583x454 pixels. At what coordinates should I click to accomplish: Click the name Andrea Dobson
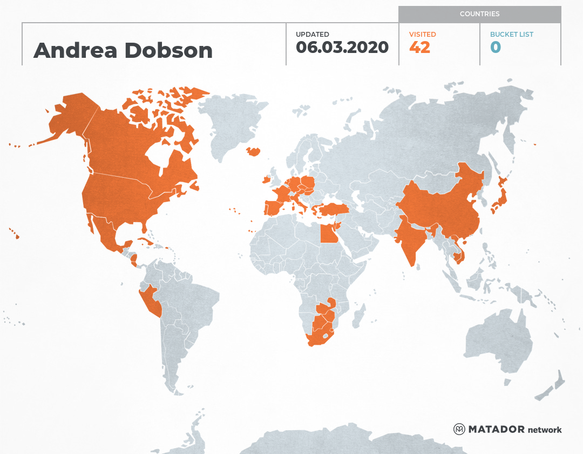tap(123, 51)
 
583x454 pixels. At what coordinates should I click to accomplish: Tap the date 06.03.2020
tap(342, 48)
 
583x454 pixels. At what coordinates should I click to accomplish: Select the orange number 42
tap(420, 48)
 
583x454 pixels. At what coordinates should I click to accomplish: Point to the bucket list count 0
tap(496, 48)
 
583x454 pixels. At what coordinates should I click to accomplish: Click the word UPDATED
tap(312, 35)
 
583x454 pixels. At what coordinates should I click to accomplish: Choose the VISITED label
tap(422, 35)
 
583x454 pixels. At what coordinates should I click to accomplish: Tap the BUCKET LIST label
tap(511, 35)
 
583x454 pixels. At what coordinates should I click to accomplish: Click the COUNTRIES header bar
tap(479, 14)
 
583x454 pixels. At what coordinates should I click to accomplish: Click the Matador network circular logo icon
tap(459, 430)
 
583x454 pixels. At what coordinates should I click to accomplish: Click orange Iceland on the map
tap(253, 152)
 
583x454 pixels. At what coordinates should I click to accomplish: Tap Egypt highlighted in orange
tap(327, 233)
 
